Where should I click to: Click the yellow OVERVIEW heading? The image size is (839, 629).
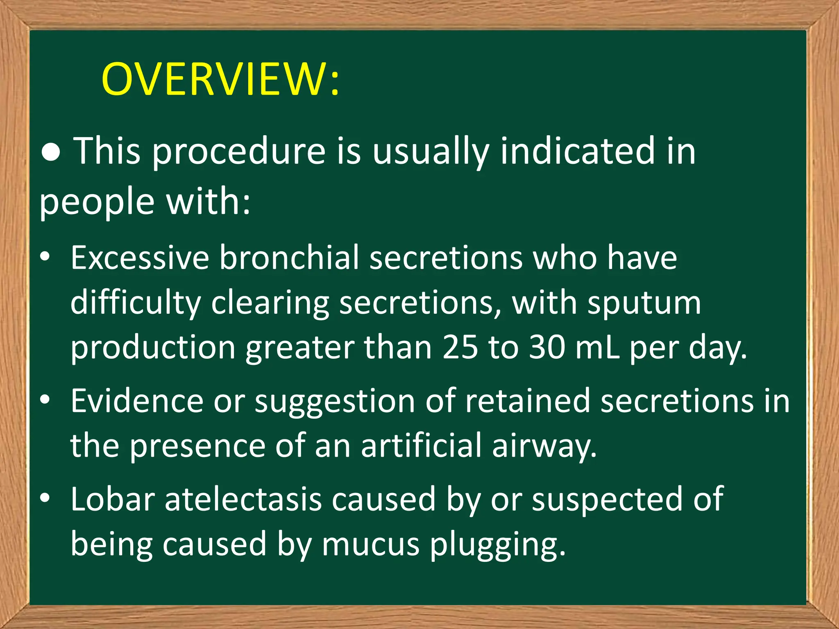point(220,79)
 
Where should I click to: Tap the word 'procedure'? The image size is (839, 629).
point(239,152)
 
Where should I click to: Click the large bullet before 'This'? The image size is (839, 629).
point(51,152)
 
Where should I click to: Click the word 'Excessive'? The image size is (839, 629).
point(140,258)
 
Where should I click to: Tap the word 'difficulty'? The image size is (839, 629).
point(135,303)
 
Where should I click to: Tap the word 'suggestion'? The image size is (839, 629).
point(335,401)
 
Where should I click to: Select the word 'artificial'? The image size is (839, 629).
point(421,446)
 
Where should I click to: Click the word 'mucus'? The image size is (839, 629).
point(371,544)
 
